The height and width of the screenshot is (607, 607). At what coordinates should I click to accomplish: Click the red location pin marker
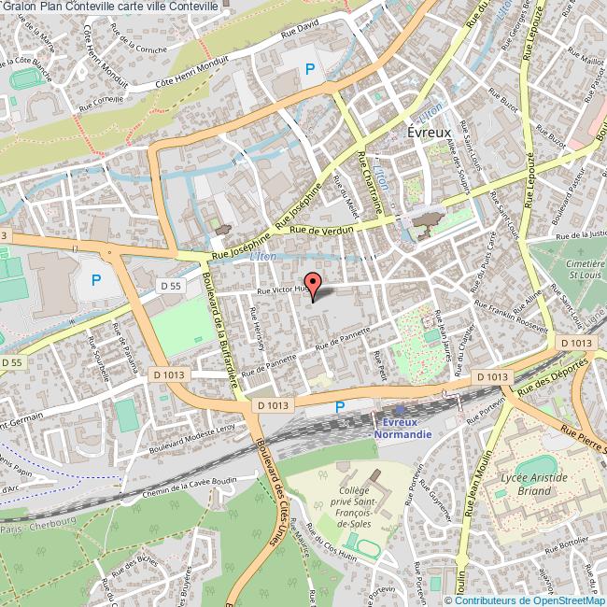point(312,283)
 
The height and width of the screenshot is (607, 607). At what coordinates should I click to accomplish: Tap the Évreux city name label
point(430,133)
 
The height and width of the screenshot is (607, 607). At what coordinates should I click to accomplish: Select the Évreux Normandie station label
point(401,427)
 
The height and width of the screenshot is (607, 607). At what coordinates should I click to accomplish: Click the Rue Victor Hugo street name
point(283,290)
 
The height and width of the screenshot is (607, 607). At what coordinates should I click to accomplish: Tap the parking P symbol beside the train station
point(339,406)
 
